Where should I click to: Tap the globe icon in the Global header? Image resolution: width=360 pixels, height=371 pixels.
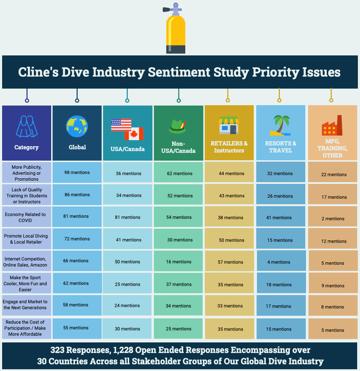click(77, 126)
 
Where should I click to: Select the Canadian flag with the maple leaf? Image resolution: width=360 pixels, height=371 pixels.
click(134, 134)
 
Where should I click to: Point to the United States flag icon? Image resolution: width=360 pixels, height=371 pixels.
click(121, 124)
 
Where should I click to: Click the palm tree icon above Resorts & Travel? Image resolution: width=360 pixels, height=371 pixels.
click(280, 125)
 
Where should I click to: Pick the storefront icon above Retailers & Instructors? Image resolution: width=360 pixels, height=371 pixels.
click(229, 125)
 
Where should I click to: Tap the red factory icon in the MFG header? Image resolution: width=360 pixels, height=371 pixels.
click(332, 126)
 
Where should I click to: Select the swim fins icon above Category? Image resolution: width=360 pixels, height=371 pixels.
click(26, 127)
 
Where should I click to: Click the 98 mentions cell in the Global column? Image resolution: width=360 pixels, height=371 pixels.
click(77, 172)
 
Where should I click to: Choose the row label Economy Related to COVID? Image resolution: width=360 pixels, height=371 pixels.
click(25, 217)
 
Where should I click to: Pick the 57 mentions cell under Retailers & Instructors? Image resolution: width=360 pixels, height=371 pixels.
click(230, 262)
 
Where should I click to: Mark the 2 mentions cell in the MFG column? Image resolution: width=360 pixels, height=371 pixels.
click(333, 219)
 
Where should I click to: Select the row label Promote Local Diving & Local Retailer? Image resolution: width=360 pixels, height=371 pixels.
click(26, 239)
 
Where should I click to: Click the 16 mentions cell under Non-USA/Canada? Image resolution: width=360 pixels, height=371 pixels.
click(179, 262)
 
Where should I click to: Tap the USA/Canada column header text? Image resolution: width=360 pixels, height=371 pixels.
click(128, 149)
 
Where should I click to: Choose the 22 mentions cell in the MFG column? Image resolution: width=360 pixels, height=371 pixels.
click(334, 174)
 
